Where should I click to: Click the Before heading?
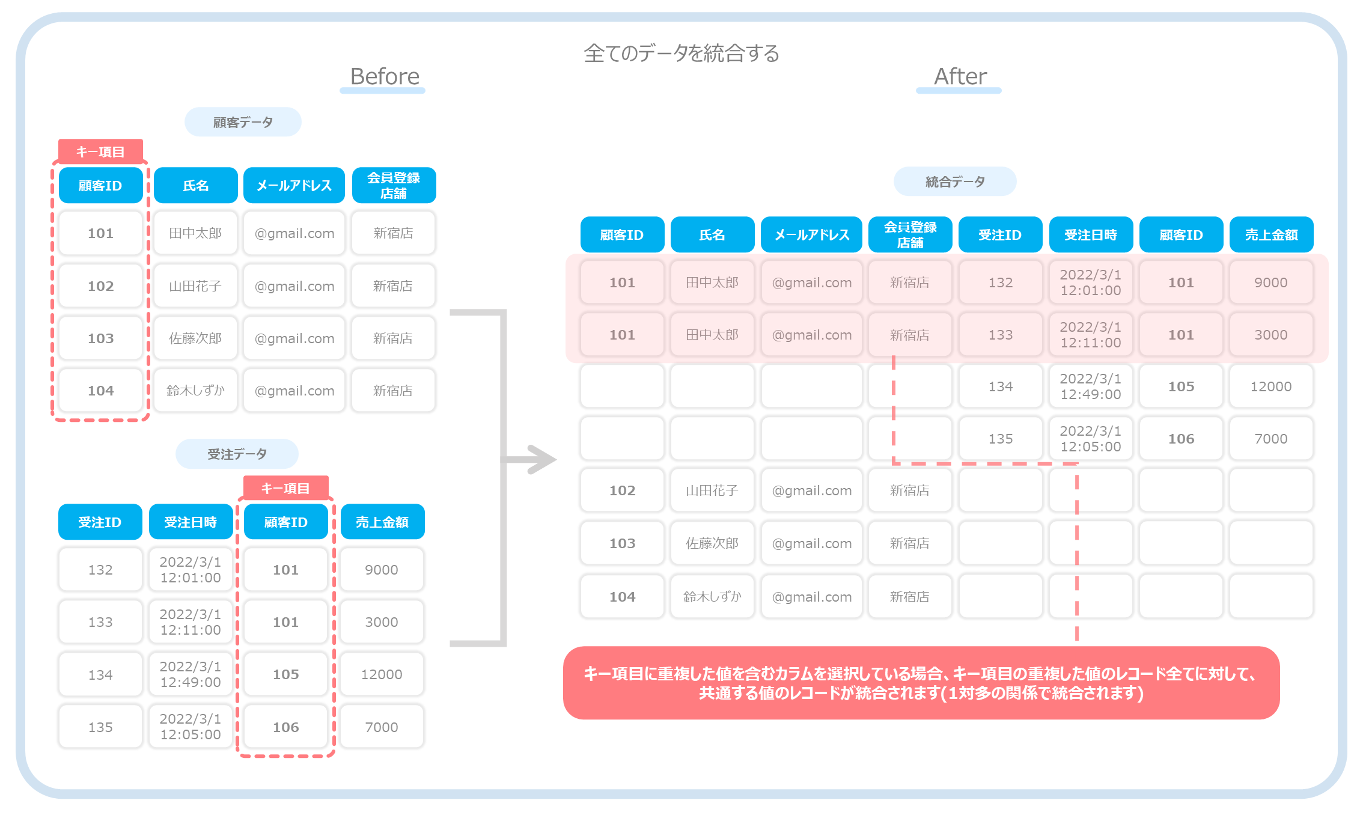[385, 77]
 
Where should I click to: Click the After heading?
[960, 77]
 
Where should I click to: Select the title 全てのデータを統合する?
[681, 53]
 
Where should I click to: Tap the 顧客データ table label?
[243, 122]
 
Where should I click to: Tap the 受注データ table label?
[237, 454]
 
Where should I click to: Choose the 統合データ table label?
[955, 182]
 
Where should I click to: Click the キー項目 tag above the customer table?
[100, 151]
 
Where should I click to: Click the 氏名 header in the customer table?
[196, 185]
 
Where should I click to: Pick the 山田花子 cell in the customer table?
[196, 286]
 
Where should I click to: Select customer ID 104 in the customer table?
[100, 391]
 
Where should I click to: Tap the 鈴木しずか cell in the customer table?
[196, 391]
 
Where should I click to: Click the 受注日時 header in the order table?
[191, 522]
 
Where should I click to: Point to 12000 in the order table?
[382, 674]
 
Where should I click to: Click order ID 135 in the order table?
[100, 727]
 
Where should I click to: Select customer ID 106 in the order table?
[286, 727]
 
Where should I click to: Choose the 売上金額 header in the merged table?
[1271, 234]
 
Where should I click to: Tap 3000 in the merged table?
[1271, 335]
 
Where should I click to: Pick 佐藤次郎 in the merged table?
[712, 543]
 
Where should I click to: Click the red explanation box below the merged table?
[921, 683]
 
